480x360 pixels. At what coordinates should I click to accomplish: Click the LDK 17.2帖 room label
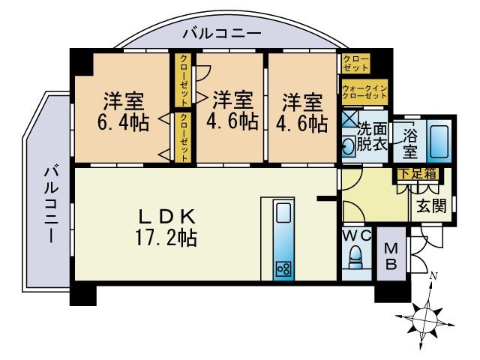tap(166, 228)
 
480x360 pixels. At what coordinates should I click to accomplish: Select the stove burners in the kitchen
tap(283, 268)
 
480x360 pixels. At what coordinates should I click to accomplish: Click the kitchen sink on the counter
tap(283, 214)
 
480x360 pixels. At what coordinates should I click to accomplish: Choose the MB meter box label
tap(391, 256)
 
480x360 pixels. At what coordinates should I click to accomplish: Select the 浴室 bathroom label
tap(409, 139)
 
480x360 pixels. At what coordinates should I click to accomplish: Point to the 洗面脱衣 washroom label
tap(372, 136)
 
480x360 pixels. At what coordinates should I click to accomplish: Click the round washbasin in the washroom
tap(349, 147)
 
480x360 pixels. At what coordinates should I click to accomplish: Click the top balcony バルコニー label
tap(221, 34)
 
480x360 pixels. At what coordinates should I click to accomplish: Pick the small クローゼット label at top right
tap(355, 63)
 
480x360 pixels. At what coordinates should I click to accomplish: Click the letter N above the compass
tap(433, 276)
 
